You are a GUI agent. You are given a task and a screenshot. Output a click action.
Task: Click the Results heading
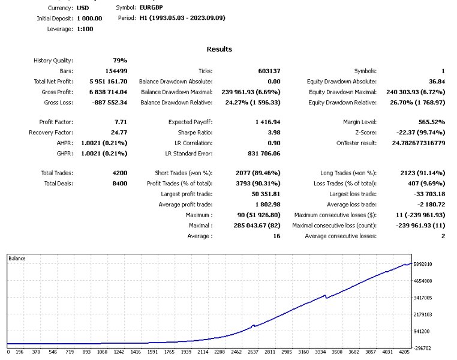pyautogui.click(x=219, y=49)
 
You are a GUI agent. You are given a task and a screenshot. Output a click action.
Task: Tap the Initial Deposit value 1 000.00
pyautogui.click(x=89, y=19)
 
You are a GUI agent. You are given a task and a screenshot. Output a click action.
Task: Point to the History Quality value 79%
pyautogui.click(x=120, y=61)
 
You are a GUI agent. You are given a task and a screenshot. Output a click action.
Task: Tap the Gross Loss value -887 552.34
pyautogui.click(x=107, y=102)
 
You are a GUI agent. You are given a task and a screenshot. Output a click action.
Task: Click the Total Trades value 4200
pyautogui.click(x=119, y=173)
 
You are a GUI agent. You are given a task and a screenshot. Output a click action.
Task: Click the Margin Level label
pyautogui.click(x=359, y=122)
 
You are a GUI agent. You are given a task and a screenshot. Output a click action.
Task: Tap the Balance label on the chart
pyautogui.click(x=17, y=258)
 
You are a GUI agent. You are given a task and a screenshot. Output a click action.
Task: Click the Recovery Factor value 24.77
pyautogui.click(x=118, y=132)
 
